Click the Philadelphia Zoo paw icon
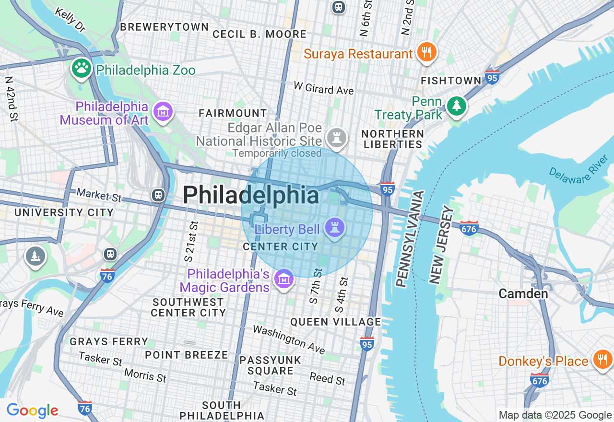click(82, 68)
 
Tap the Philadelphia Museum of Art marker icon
click(163, 111)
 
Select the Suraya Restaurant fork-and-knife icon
click(425, 51)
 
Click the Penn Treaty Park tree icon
click(456, 105)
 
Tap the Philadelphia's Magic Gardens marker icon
click(283, 278)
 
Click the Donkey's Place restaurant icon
click(602, 359)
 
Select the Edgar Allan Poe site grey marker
click(336, 137)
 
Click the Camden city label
click(523, 293)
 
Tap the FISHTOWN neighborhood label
click(451, 81)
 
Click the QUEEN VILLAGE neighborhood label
click(336, 322)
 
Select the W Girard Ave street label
click(323, 88)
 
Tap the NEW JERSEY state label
click(441, 245)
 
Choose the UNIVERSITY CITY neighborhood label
click(64, 212)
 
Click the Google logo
click(32, 410)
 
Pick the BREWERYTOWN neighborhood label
click(164, 27)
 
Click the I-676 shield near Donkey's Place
click(539, 380)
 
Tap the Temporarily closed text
click(277, 153)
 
